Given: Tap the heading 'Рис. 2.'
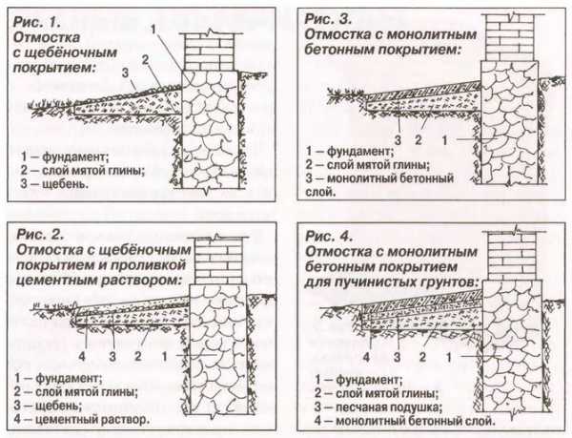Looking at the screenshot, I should [x=37, y=234].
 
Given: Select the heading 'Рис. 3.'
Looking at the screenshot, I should [x=327, y=17].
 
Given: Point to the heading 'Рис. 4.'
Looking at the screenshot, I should [x=327, y=234].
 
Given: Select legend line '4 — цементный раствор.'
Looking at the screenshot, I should [x=83, y=420].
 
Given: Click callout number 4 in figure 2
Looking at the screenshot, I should [x=85, y=354].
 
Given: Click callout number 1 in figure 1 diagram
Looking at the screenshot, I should [x=153, y=29].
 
